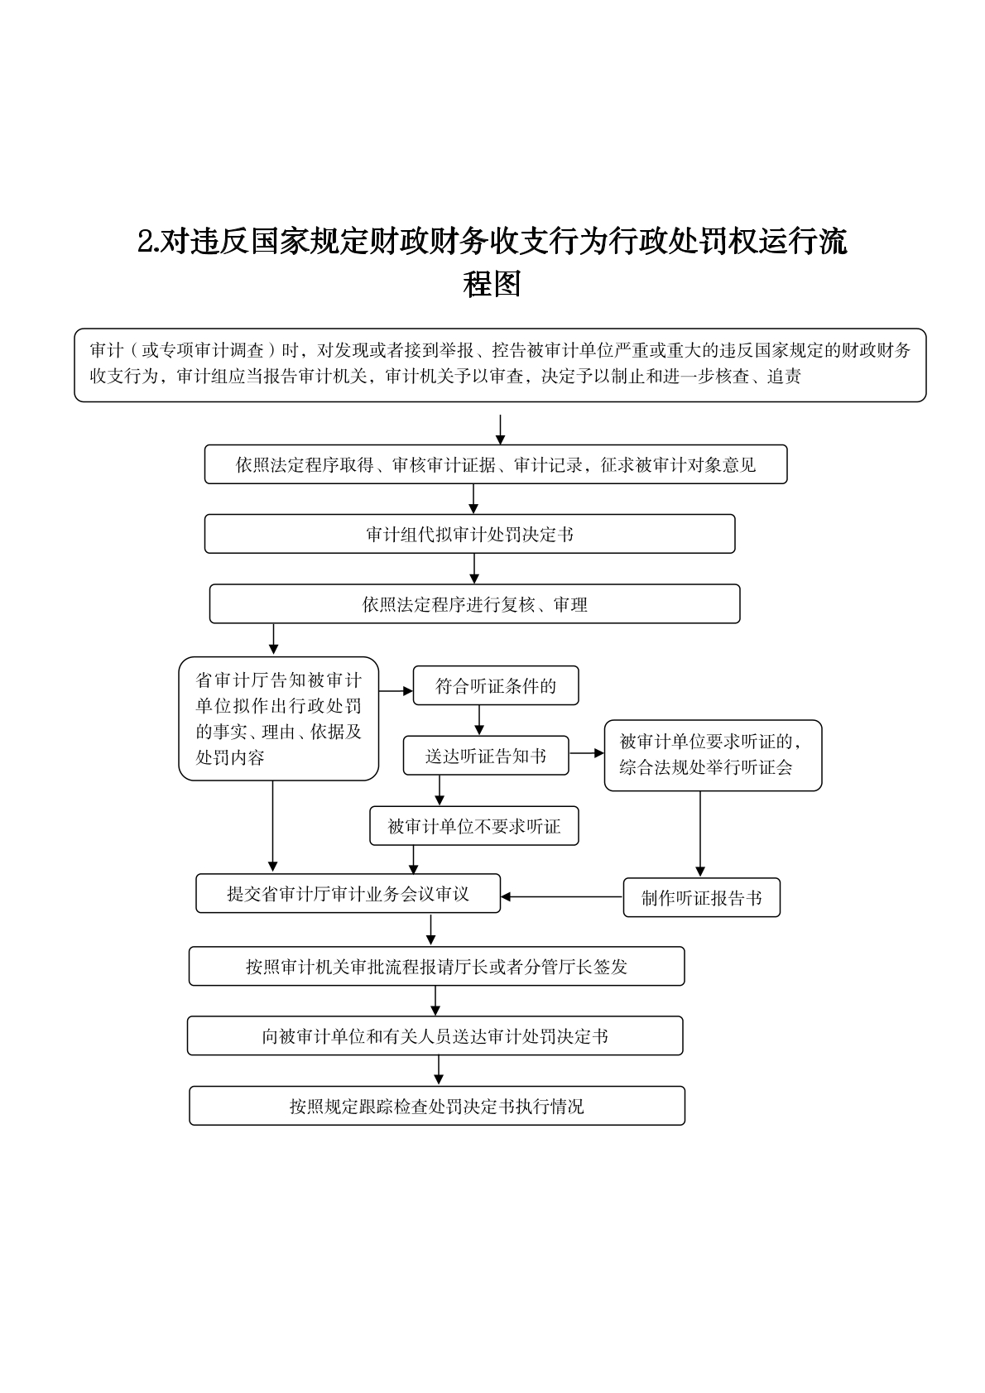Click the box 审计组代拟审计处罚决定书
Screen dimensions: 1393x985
(469, 534)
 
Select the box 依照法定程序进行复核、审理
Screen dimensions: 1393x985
(474, 604)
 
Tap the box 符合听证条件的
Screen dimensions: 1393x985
(495, 685)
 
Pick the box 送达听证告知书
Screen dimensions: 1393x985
(486, 756)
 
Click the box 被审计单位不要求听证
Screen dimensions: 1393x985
(473, 826)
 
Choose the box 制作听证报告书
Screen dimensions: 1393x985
(701, 898)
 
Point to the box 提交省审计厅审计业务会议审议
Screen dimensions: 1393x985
(348, 894)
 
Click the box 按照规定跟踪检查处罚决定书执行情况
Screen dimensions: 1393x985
(436, 1106)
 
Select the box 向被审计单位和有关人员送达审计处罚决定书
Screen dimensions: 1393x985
(435, 1036)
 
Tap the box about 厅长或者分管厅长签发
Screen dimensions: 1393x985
(436, 966)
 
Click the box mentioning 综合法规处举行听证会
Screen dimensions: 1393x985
(713, 755)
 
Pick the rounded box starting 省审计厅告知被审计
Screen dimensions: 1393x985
(278, 718)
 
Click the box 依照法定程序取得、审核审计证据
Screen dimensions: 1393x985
(496, 464)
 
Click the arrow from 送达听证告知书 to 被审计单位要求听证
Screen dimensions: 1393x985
(587, 753)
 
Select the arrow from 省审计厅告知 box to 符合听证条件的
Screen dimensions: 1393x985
(396, 690)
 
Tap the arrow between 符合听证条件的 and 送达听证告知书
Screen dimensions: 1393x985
(479, 720)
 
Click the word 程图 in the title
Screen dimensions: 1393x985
(492, 284)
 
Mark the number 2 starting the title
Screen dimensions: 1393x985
(145, 242)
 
